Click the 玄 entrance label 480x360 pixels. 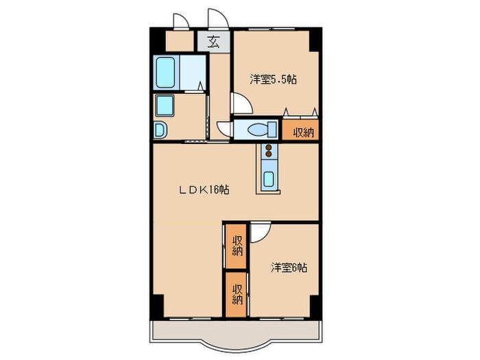tap(214, 42)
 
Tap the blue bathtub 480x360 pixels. tap(167, 71)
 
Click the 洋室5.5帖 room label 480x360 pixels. tap(272, 78)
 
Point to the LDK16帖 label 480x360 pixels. tap(204, 190)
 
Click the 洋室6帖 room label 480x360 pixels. tap(288, 267)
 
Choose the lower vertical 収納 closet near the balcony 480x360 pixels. tap(237, 294)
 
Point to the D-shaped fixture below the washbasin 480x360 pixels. tap(160, 130)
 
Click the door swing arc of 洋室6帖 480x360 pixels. tap(259, 233)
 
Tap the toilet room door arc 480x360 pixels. tap(224, 128)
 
